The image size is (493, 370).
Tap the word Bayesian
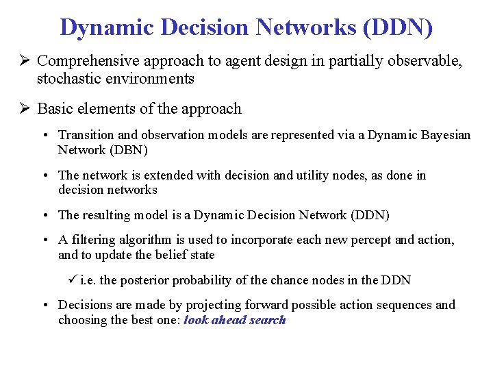[x=445, y=135]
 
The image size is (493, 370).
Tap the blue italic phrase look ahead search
[x=235, y=320]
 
